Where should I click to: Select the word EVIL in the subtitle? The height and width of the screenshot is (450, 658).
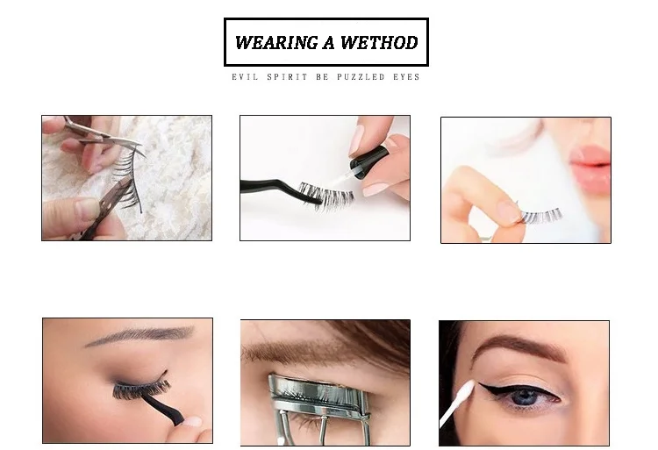pyautogui.click(x=242, y=77)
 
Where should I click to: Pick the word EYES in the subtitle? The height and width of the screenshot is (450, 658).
pyautogui.click(x=406, y=77)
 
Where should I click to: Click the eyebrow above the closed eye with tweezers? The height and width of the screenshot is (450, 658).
pyautogui.click(x=140, y=336)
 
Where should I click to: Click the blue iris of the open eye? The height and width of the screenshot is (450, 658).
pyautogui.click(x=525, y=396)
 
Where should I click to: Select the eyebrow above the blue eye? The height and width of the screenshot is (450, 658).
pyautogui.click(x=518, y=346)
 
